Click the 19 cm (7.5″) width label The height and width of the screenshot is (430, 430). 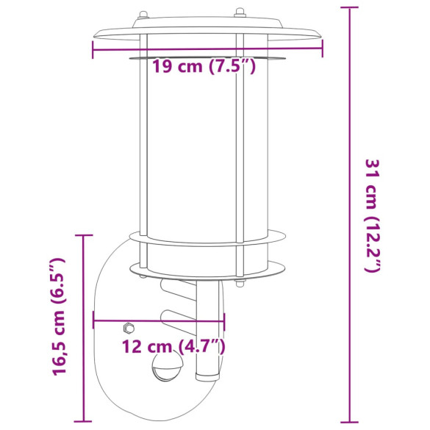coord(204,68)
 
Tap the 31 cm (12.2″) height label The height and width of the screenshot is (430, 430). coord(373,215)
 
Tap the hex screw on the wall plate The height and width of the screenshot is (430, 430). coord(129,327)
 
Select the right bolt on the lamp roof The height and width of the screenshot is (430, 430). coord(239,12)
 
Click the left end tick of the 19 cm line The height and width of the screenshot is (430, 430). coord(93,49)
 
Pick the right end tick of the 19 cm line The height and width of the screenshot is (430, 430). coord(322,49)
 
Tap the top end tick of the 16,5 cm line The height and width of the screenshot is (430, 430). coord(84,235)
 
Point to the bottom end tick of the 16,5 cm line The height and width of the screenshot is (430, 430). coord(84,422)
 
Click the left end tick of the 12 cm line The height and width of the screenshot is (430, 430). coord(93,321)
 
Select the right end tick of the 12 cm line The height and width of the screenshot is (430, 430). coord(224,321)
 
